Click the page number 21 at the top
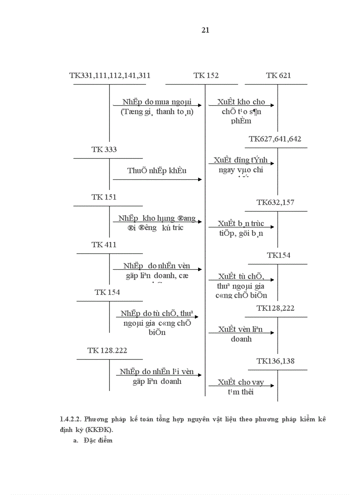pos(205,30)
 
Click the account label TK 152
pos(206,75)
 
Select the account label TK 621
pos(278,75)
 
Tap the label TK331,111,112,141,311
pos(110,75)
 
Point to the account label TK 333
pos(104,149)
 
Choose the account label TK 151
pos(104,197)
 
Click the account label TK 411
pos(104,245)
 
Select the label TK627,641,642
pos(275,139)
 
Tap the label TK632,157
pos(275,202)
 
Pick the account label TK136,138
pos(275,361)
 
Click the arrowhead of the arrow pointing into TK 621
pos(272,105)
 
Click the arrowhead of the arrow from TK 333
pos(200,179)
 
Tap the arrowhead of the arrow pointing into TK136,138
pos(272,386)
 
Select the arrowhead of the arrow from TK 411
pos(200,269)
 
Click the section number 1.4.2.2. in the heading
pos(71,419)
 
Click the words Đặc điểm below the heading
pos(97,440)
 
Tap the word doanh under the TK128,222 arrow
pos(241,339)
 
